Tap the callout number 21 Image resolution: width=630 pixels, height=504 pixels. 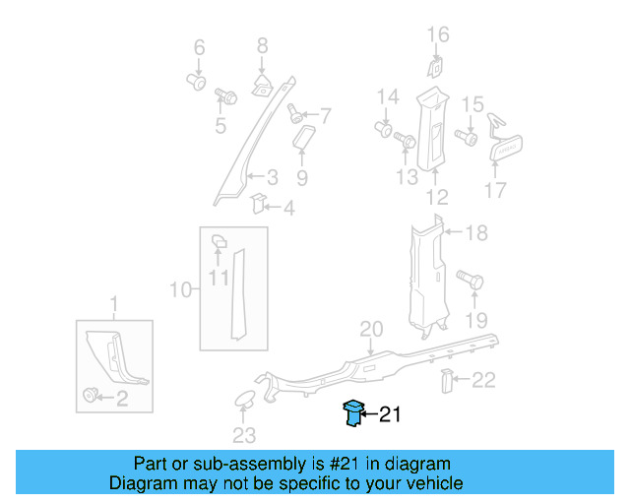click(x=390, y=416)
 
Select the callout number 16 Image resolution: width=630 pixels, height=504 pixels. click(x=437, y=35)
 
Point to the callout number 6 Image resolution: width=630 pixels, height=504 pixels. click(x=198, y=47)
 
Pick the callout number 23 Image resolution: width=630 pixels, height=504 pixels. click(x=243, y=435)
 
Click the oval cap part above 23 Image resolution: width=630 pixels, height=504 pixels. click(x=242, y=400)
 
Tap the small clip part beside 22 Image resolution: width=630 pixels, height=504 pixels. click(x=446, y=380)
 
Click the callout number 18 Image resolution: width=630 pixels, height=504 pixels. click(x=476, y=233)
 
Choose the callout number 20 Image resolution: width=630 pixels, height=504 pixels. click(x=370, y=328)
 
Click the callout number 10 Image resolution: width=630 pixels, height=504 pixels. click(x=180, y=289)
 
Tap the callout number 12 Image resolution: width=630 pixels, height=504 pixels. click(x=436, y=197)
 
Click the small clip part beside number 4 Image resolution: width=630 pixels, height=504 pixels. click(x=257, y=203)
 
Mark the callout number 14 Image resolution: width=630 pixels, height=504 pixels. click(x=388, y=96)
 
